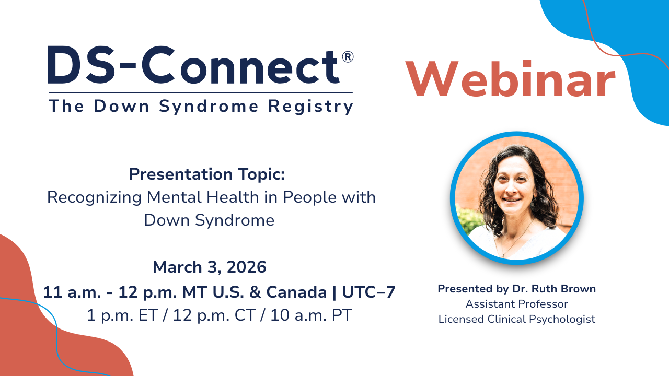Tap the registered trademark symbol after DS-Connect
(x=348, y=57)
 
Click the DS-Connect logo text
(x=193, y=65)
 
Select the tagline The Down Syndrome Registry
(x=201, y=106)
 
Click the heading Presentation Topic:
(x=207, y=174)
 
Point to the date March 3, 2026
(x=209, y=267)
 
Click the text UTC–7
(x=368, y=292)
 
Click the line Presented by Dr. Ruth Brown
(x=516, y=289)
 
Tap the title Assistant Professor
(x=516, y=304)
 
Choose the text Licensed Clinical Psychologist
(x=516, y=319)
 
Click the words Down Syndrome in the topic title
(x=209, y=220)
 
